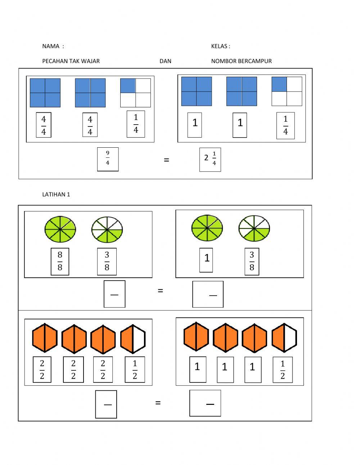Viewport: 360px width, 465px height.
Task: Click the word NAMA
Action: tap(51, 46)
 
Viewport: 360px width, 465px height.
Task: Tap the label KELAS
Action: tap(219, 46)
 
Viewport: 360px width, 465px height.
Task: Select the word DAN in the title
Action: tap(165, 61)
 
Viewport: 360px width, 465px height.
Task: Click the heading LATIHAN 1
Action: tap(56, 194)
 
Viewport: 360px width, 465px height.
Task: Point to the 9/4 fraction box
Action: tap(108, 159)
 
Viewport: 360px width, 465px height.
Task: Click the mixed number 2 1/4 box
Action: tap(210, 160)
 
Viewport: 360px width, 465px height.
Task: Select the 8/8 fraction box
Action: tap(60, 261)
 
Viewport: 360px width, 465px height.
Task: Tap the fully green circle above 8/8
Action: tap(60, 229)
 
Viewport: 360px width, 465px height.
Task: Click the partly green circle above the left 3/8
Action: tap(107, 229)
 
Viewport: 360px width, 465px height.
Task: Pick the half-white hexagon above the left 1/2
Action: tap(133, 339)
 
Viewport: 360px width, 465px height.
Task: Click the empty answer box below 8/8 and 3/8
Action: tap(114, 294)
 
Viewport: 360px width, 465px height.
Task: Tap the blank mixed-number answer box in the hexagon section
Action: tap(205, 403)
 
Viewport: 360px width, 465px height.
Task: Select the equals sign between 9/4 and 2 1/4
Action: tap(166, 160)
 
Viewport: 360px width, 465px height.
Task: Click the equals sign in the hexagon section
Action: tap(158, 403)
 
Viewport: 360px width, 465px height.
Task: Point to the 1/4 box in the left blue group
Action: tap(136, 124)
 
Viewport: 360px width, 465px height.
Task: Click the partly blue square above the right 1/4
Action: tap(287, 91)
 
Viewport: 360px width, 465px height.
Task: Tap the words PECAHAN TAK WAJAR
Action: tap(71, 61)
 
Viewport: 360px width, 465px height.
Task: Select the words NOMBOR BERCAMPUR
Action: tap(241, 61)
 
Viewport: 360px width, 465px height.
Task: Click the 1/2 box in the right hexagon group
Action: tap(283, 370)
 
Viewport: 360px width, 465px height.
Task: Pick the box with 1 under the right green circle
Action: tap(206, 260)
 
